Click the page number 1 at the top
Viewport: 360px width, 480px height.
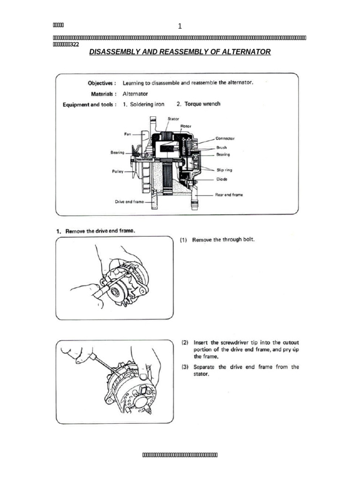coord(180,26)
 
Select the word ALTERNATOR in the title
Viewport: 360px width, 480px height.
coord(247,52)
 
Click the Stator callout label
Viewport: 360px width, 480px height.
coord(173,119)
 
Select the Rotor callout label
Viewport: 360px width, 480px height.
coord(186,126)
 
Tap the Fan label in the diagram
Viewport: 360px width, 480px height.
coord(127,134)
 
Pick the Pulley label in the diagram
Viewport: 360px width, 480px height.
coord(118,172)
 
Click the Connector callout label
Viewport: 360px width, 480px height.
coord(225,139)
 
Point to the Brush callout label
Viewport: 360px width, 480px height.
coord(221,147)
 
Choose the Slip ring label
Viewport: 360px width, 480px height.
coord(224,170)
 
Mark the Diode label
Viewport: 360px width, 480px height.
coord(222,179)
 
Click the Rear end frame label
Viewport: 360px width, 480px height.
coord(229,195)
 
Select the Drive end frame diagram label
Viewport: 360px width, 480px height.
coord(129,202)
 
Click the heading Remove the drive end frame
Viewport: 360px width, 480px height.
coord(100,231)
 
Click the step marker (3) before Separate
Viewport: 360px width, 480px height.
coord(185,367)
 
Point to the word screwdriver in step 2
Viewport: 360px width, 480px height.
coord(228,342)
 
